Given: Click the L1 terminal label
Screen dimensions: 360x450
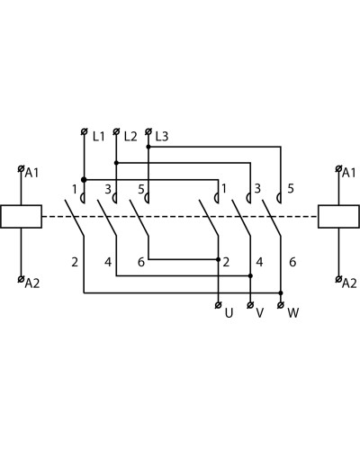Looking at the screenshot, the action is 99,137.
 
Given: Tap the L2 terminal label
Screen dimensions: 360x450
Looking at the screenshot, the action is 130,137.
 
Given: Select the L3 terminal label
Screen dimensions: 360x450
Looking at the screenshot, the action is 162,137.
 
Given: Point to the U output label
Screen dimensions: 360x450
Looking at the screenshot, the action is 229,313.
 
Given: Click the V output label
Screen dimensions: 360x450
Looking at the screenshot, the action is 260,313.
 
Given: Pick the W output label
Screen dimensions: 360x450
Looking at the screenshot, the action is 293,313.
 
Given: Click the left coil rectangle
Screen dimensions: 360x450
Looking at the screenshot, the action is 21,216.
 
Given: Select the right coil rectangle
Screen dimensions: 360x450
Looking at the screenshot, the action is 339,216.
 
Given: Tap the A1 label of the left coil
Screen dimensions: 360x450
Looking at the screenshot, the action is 31,173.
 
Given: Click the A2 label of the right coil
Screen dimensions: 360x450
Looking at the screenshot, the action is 349,283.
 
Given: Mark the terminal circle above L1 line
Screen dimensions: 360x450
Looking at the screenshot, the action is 85,131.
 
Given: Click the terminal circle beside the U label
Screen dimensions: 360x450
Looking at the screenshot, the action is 219,305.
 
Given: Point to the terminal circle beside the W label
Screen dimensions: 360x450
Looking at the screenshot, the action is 281,305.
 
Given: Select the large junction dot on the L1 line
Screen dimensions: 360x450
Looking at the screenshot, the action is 84,180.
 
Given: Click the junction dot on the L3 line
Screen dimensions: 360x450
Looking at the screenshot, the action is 148,147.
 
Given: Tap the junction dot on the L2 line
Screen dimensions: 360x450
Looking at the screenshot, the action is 116,163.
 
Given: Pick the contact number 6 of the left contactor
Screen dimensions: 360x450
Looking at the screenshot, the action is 141,262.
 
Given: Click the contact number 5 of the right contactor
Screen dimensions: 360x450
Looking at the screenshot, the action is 291,189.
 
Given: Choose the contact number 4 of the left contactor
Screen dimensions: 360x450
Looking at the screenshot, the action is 108,262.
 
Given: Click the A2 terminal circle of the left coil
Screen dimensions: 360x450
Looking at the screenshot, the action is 21,279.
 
